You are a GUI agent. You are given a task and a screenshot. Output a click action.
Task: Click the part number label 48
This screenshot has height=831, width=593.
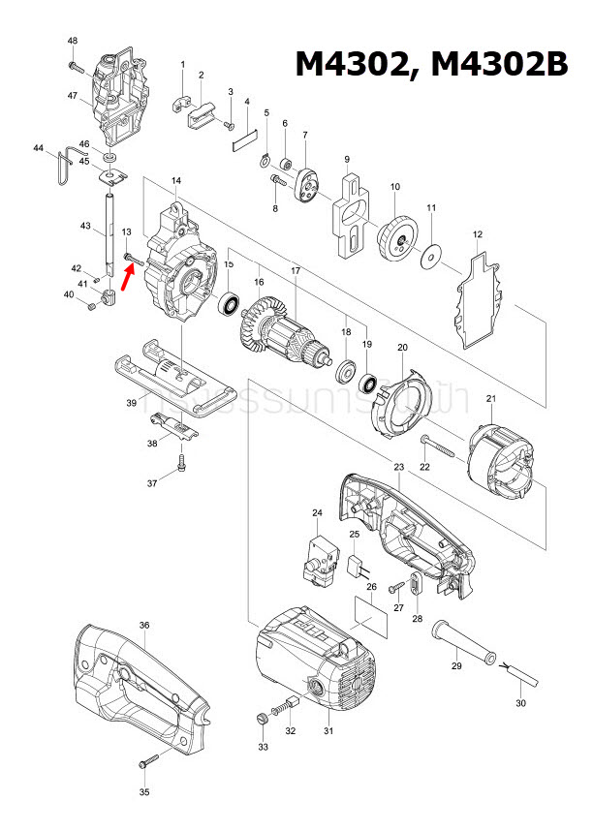[73, 41]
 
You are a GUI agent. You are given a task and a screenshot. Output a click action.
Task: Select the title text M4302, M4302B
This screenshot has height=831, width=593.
[431, 64]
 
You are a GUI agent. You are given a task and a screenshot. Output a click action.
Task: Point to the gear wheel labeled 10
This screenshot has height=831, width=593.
[394, 235]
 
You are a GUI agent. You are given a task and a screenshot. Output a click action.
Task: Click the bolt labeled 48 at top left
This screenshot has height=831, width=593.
[75, 66]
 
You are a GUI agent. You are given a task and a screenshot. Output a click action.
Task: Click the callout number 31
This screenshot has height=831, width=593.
[328, 730]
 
